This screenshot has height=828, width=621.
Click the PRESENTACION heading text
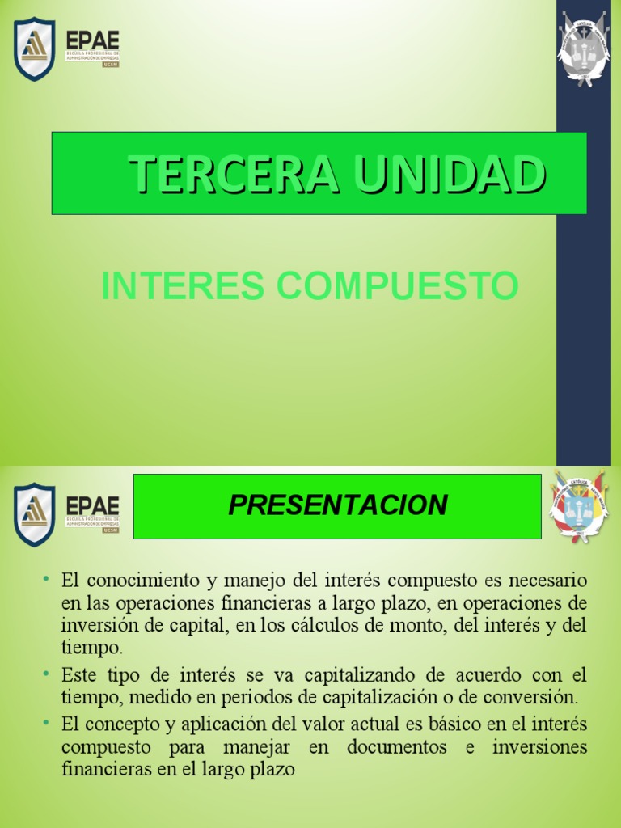[337, 505]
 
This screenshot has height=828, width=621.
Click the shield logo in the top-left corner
[35, 49]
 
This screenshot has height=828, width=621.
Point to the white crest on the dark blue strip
[583, 49]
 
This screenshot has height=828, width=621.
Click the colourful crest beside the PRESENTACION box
[579, 507]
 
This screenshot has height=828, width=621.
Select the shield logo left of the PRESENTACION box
[35, 514]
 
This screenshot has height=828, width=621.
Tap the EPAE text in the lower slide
[93, 505]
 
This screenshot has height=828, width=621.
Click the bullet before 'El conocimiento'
[47, 579]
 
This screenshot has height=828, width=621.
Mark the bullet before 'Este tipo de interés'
[47, 673]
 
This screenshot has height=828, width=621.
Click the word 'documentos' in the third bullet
[397, 747]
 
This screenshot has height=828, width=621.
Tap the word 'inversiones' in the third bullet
[539, 747]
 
